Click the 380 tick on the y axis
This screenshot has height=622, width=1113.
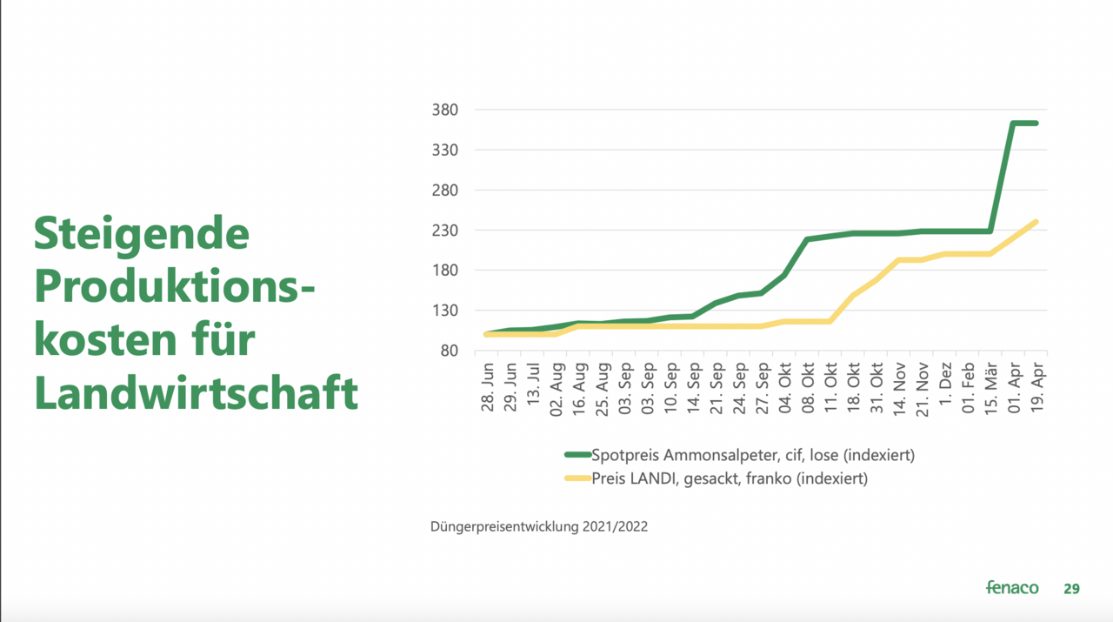point(446,110)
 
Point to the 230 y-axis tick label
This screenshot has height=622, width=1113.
point(446,231)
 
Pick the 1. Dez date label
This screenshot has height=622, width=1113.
point(945,387)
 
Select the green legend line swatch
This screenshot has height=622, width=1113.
point(577,455)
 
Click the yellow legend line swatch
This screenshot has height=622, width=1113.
point(577,478)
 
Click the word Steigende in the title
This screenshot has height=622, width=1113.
point(142,233)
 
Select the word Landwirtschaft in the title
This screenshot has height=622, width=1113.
point(197,393)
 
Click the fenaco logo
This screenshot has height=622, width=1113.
point(1012,588)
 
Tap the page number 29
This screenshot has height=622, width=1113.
point(1071,589)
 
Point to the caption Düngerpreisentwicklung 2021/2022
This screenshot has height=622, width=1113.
point(539,526)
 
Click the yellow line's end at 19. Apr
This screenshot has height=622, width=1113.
point(1036,222)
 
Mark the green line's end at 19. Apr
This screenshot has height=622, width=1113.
point(1036,124)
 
